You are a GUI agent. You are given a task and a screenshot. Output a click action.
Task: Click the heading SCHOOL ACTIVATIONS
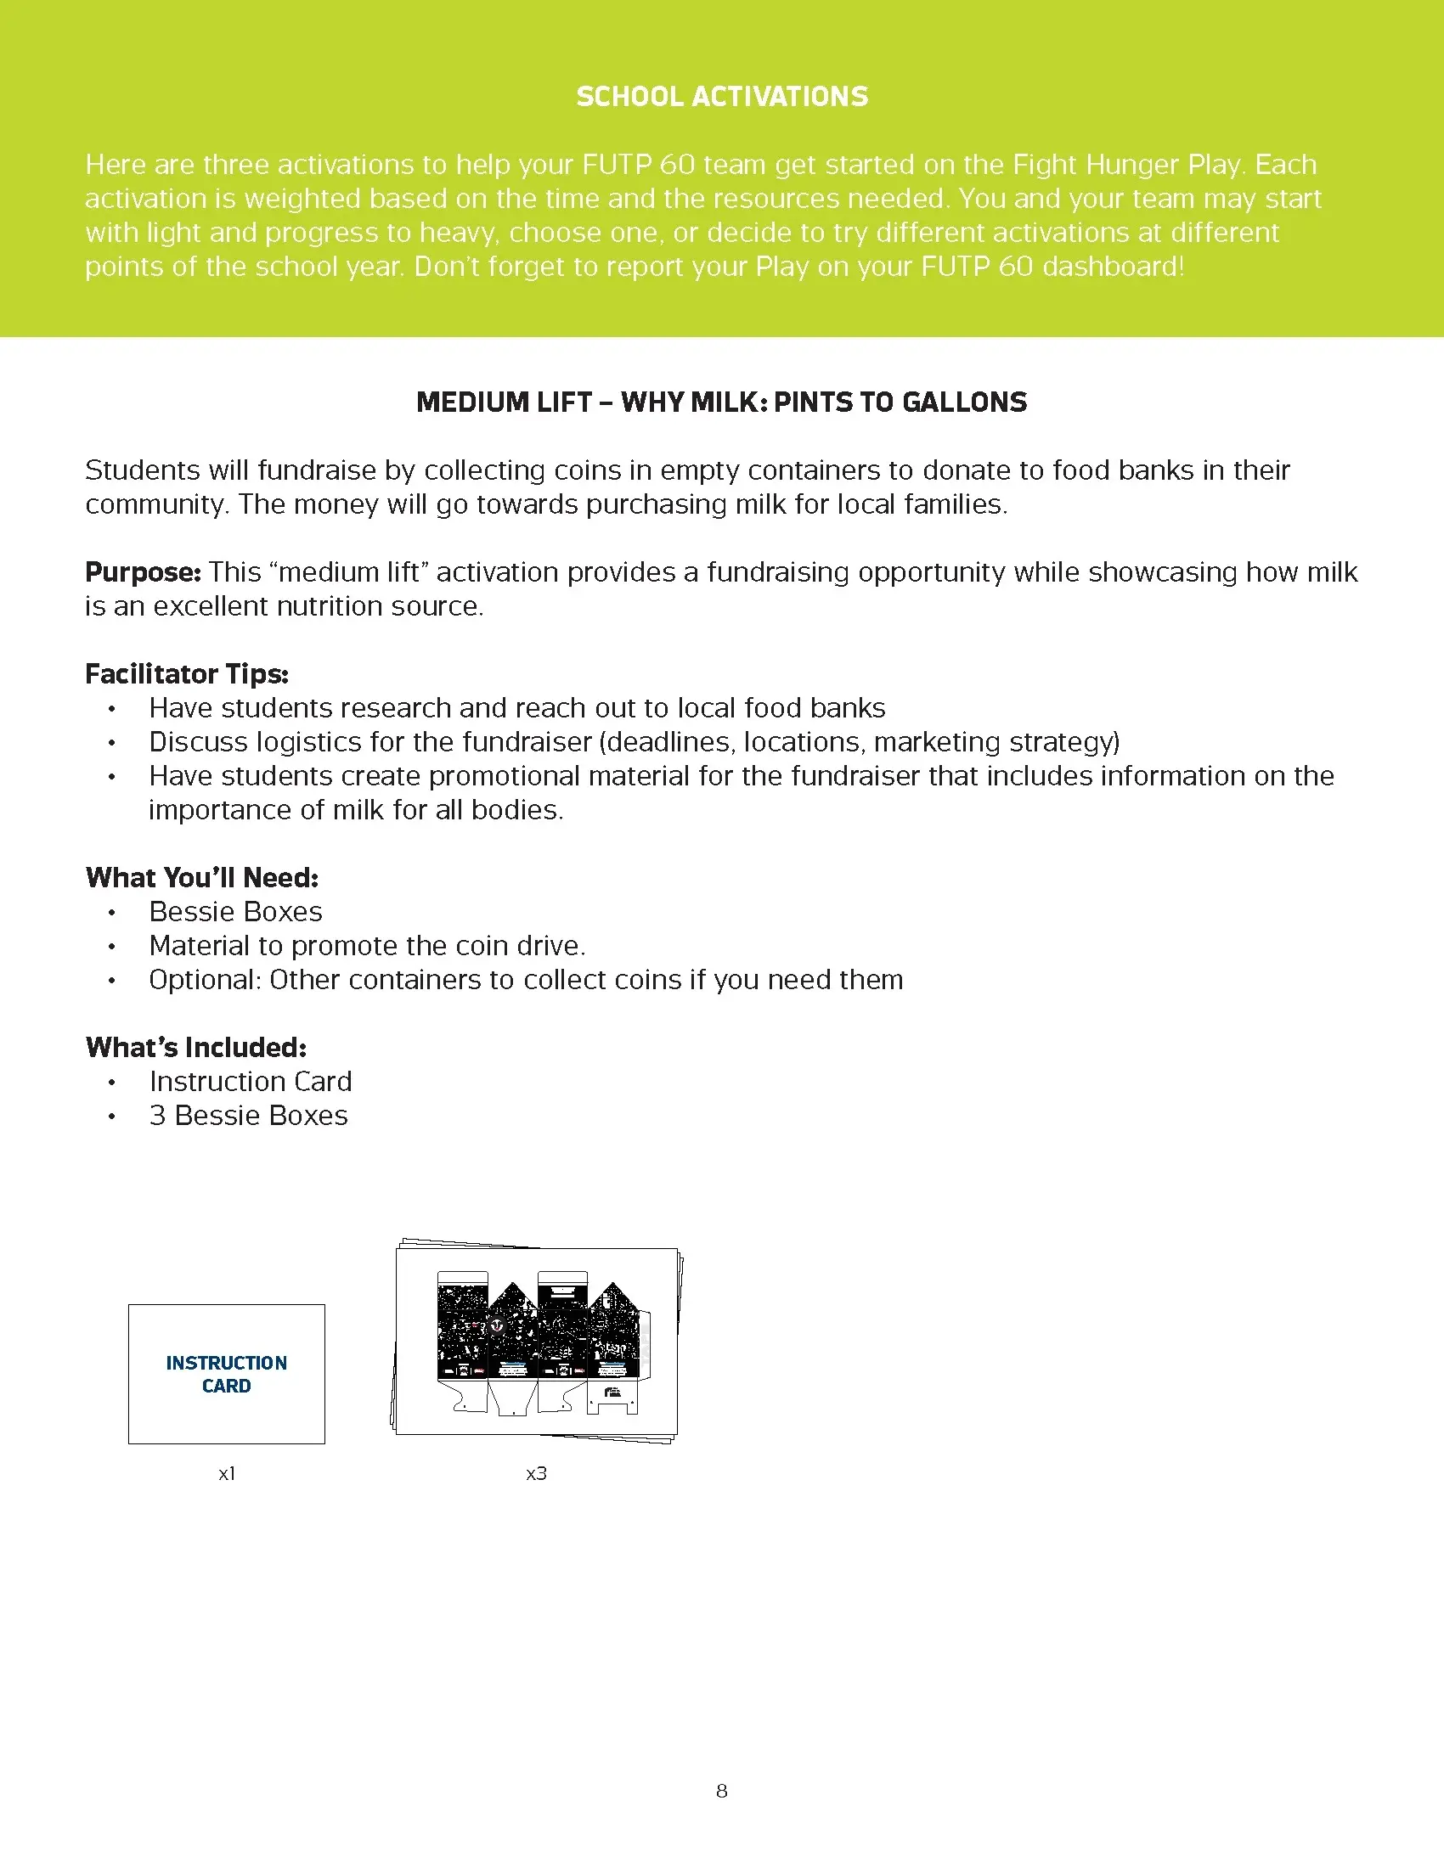(x=722, y=97)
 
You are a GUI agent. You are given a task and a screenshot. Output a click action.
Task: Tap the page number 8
(x=722, y=1790)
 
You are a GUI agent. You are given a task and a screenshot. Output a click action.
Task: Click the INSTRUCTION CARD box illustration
(x=227, y=1374)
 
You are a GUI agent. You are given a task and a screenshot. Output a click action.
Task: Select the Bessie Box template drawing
(x=537, y=1341)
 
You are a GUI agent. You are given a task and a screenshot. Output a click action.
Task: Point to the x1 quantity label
(x=227, y=1473)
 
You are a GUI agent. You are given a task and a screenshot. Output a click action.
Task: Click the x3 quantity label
(x=536, y=1473)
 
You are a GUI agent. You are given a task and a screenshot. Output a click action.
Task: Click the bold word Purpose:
(x=143, y=572)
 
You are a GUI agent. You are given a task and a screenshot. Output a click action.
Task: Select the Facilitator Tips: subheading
(x=187, y=674)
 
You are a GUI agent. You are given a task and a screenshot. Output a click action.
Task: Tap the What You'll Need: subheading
(x=202, y=878)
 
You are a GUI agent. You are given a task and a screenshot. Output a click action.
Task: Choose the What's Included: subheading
(x=196, y=1047)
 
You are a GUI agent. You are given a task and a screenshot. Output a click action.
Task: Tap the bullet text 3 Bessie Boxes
(x=248, y=1116)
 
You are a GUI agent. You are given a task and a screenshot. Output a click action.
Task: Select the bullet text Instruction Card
(x=250, y=1081)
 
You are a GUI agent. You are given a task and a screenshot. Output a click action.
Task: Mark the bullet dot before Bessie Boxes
(x=111, y=913)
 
